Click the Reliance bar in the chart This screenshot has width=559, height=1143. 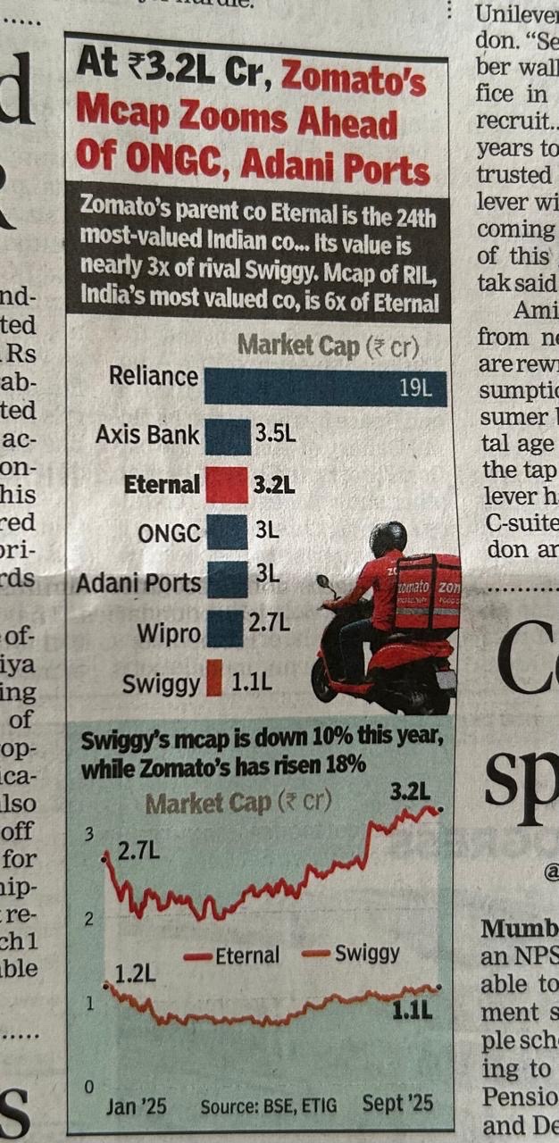click(x=325, y=388)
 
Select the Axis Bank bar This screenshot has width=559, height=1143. click(x=227, y=438)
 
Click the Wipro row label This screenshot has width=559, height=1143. click(x=169, y=634)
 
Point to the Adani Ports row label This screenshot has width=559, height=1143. click(x=138, y=582)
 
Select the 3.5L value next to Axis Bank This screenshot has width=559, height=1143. click(x=275, y=436)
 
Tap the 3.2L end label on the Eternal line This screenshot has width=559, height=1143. click(x=411, y=790)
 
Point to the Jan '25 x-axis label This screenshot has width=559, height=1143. click(x=136, y=1105)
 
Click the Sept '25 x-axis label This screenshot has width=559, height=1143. click(x=397, y=1104)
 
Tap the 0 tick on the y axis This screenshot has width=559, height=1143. click(x=88, y=1087)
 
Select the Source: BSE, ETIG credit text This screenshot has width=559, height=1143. click(x=269, y=1106)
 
